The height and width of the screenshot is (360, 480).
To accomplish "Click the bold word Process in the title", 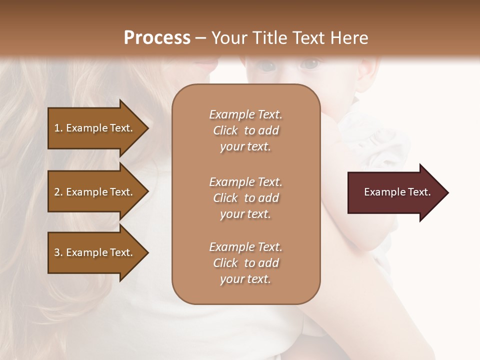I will coord(157,38).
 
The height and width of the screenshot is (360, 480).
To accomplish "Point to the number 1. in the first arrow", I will coord(58,128).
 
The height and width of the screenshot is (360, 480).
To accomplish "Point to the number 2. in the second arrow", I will coord(58,192).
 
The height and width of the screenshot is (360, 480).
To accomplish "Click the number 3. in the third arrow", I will coord(58,252).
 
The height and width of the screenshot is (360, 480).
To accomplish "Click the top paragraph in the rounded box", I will coord(245,130).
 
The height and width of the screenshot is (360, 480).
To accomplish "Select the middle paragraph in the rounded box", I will coord(245,198).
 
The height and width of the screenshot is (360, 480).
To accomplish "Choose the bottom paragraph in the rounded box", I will coord(245,263).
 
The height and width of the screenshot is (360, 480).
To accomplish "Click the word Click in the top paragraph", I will coord(225,131).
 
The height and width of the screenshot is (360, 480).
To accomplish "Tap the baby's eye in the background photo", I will coord(311,64).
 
